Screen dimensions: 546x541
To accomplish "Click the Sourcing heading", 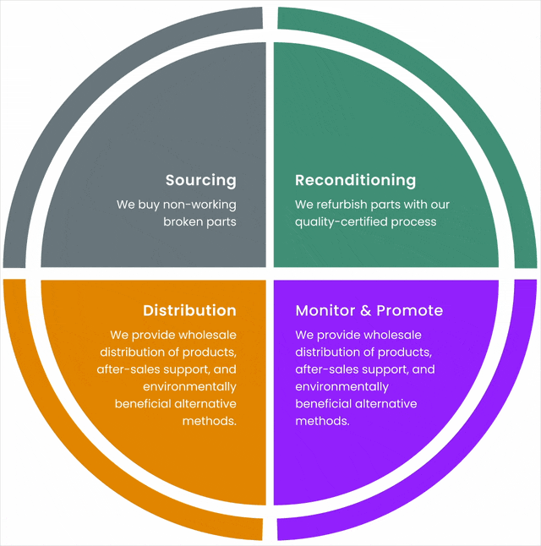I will (200, 180).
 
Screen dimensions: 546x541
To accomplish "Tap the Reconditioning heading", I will (355, 180).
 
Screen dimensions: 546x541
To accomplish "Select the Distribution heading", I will (189, 310).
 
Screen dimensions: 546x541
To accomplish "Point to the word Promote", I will (409, 310).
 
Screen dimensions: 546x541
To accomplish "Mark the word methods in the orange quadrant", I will (209, 420).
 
